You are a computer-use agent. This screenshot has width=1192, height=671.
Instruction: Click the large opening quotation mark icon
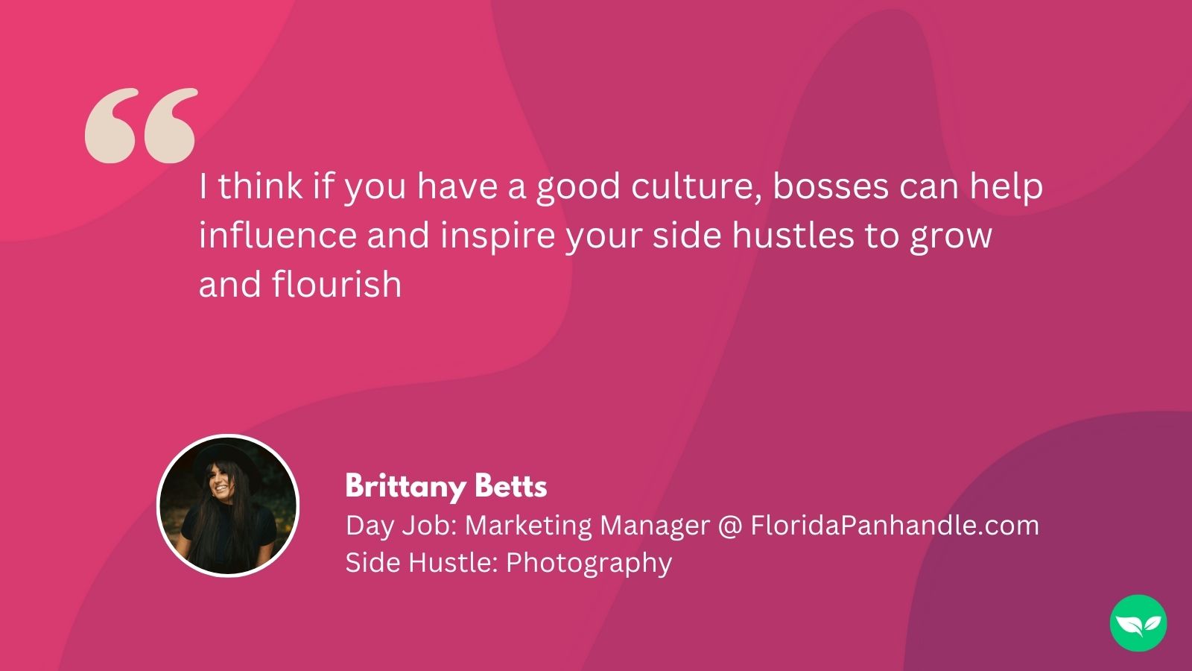pyautogui.click(x=141, y=125)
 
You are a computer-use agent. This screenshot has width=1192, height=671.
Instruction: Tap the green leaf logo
pyautogui.click(x=1138, y=623)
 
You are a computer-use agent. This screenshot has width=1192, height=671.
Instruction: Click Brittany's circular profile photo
pyautogui.click(x=228, y=505)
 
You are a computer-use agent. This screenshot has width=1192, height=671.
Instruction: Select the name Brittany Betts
pyautogui.click(x=446, y=486)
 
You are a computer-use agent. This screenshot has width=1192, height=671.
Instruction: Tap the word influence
pyautogui.click(x=278, y=236)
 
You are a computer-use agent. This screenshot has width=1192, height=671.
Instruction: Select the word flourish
pyautogui.click(x=337, y=285)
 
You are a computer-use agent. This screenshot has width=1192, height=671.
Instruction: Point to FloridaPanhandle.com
pyautogui.click(x=894, y=526)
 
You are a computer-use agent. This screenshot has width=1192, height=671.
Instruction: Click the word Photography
pyautogui.click(x=589, y=563)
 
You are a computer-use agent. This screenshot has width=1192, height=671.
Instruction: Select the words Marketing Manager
pyautogui.click(x=587, y=526)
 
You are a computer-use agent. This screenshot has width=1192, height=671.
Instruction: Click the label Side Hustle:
pyautogui.click(x=421, y=563)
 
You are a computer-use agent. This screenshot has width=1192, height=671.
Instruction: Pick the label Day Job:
pyautogui.click(x=401, y=526)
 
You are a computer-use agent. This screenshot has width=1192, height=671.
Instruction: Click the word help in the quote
pyautogui.click(x=1006, y=186)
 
